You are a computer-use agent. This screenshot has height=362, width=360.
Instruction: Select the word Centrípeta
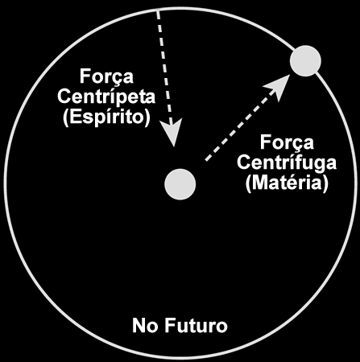[x=106, y=97]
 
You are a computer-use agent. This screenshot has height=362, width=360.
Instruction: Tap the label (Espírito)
[x=106, y=117]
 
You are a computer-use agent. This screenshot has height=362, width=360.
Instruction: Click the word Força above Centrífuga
[x=287, y=143]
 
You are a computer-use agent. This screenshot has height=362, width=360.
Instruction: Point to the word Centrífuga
[x=287, y=163]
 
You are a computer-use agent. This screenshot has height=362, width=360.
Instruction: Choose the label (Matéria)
[x=287, y=183]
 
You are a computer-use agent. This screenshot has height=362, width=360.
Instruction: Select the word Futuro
[x=196, y=325]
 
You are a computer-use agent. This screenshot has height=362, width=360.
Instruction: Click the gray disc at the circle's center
[x=180, y=184]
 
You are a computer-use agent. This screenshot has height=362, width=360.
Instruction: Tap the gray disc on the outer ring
[x=305, y=61]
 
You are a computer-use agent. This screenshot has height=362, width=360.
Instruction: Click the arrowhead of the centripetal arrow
[x=172, y=132]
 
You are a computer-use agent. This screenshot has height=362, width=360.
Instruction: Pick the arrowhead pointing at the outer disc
[x=277, y=87]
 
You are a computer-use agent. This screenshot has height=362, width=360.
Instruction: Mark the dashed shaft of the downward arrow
[x=164, y=66]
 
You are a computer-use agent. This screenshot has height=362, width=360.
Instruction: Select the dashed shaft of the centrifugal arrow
[x=237, y=128]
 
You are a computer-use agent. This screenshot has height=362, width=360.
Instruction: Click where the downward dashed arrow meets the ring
[x=158, y=10]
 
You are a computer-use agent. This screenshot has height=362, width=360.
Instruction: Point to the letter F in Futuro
[x=170, y=325]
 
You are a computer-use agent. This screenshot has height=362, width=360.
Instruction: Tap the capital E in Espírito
[x=77, y=117]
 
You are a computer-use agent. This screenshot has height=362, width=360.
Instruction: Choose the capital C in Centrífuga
[x=244, y=162]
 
